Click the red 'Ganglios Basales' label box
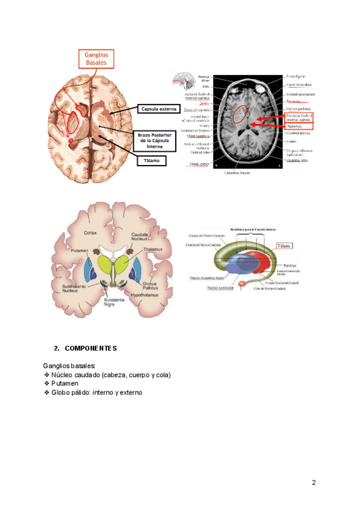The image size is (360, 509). click(x=96, y=58)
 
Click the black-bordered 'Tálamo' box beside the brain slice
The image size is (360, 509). click(x=150, y=160)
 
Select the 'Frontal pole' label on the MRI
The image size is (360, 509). click(x=296, y=77)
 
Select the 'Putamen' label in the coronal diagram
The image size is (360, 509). click(x=79, y=250)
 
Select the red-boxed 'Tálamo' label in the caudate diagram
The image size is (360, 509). click(x=285, y=245)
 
